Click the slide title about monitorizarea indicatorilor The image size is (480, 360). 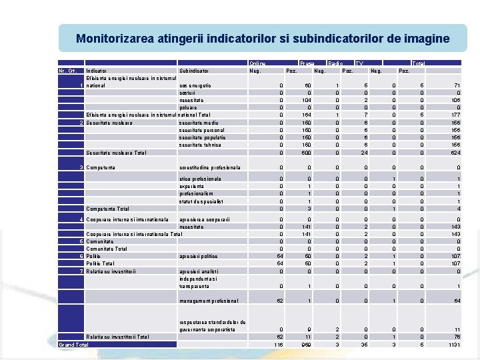pos(263,39)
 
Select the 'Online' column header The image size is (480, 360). pos(257,63)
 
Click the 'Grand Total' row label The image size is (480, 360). pos(73,345)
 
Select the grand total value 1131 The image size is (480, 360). pos(453,345)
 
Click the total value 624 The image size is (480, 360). pos(455,153)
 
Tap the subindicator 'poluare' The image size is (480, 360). pos(188,107)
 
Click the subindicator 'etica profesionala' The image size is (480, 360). pos(201,179)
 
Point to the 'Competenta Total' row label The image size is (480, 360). pos(108,209)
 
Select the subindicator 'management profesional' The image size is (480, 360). pos(209,301)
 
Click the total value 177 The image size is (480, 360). pos(455,115)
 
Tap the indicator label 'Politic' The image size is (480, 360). pos(94,256)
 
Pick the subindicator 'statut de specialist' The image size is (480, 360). pos(201,201)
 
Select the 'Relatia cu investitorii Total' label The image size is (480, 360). pos(118,337)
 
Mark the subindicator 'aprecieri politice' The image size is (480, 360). pos(199,256)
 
